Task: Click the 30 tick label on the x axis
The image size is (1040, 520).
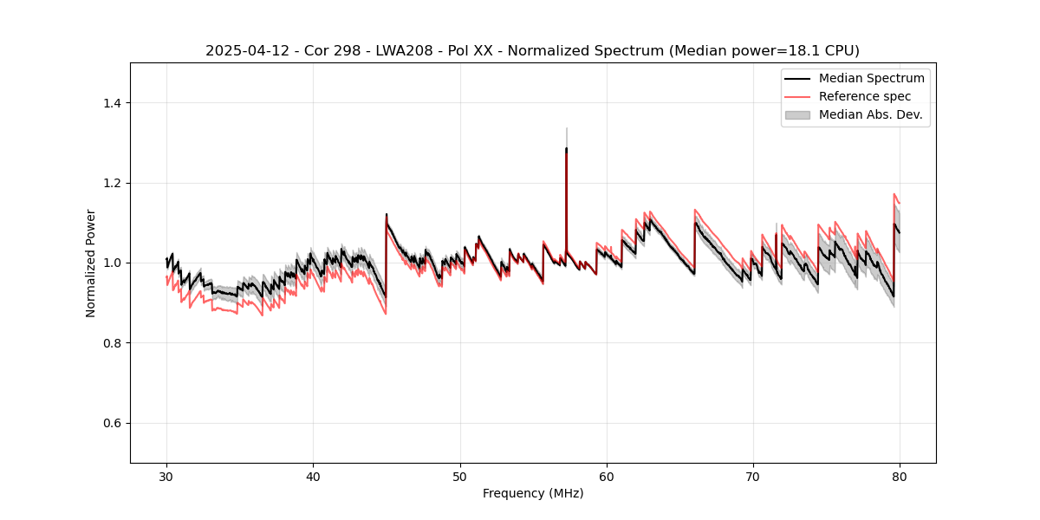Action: (166, 477)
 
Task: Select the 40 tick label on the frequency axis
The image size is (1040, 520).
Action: (313, 477)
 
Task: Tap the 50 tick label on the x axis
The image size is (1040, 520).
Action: (460, 477)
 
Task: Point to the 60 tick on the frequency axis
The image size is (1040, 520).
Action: (607, 477)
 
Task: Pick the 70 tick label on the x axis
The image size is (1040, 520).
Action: (753, 477)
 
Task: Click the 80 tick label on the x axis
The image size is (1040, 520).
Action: (900, 477)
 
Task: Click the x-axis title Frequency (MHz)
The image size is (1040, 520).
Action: (533, 493)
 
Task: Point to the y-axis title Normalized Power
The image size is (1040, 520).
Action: (91, 263)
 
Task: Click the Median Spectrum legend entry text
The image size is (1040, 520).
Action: (871, 78)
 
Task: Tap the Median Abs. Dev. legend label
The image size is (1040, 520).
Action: (871, 114)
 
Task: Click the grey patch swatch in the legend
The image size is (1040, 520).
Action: (797, 114)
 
